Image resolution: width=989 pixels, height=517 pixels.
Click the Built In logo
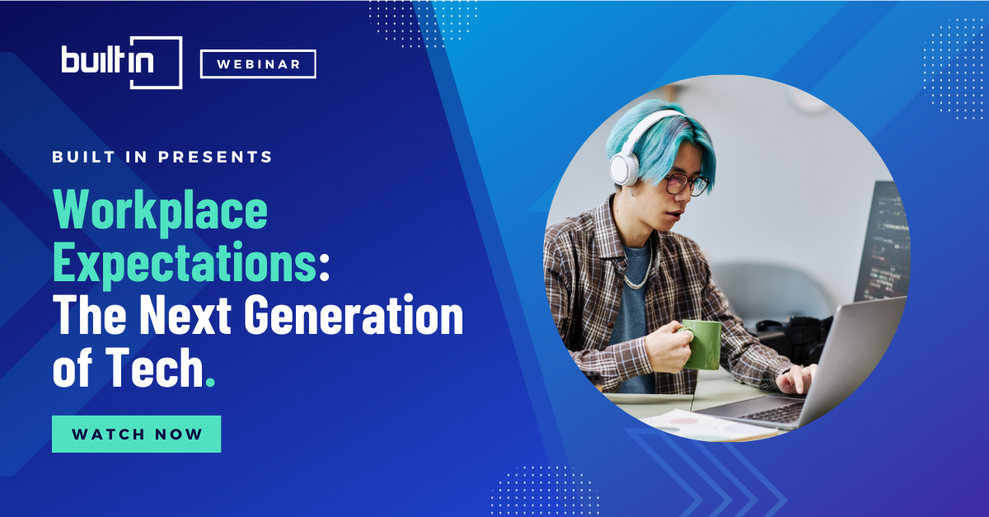click(x=122, y=63)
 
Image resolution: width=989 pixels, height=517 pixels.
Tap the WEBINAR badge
click(x=258, y=64)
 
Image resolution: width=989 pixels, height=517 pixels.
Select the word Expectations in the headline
click(x=185, y=263)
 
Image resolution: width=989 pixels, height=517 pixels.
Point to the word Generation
click(x=354, y=315)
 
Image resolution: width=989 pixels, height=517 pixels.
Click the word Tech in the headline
click(x=154, y=367)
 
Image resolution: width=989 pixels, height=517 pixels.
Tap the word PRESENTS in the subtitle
click(x=215, y=157)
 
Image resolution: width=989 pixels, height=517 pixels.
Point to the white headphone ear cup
click(x=624, y=169)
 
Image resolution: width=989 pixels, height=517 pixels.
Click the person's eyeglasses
click(x=686, y=184)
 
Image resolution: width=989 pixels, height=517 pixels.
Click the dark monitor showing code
click(x=883, y=243)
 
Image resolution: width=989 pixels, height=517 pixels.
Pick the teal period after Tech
click(x=211, y=382)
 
